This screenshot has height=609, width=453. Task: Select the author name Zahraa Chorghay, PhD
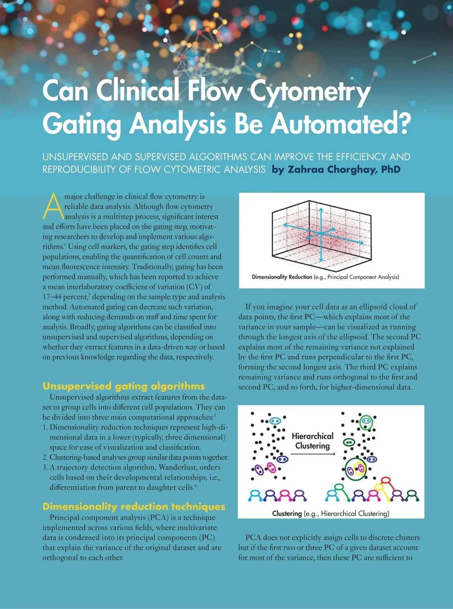click(x=344, y=169)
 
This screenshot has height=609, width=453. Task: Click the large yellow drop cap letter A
click(x=53, y=206)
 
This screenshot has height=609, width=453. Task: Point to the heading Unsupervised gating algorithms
click(x=123, y=386)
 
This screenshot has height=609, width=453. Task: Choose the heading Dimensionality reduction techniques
click(x=134, y=506)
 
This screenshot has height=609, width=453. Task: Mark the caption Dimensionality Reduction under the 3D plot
click(x=282, y=277)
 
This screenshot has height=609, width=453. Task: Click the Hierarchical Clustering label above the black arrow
click(x=313, y=441)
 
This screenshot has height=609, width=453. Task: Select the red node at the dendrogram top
click(x=385, y=481)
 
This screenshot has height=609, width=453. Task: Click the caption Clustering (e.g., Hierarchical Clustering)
click(x=330, y=513)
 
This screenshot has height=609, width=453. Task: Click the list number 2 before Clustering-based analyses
click(x=45, y=458)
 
